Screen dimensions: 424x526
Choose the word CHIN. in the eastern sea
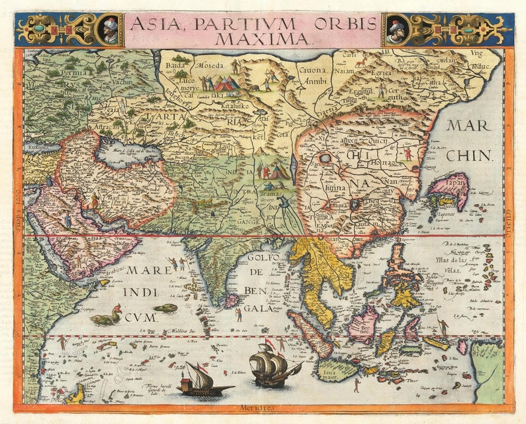point(469,156)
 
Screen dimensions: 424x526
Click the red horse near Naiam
point(362,64)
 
